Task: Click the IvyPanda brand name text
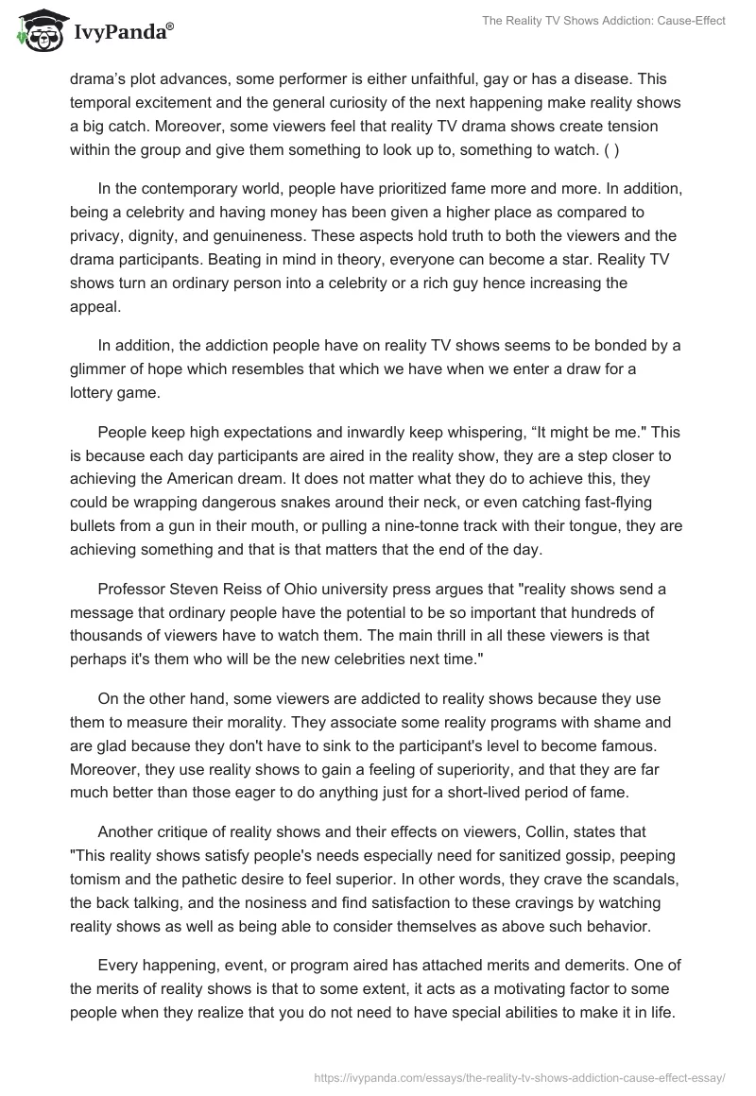point(120,31)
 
